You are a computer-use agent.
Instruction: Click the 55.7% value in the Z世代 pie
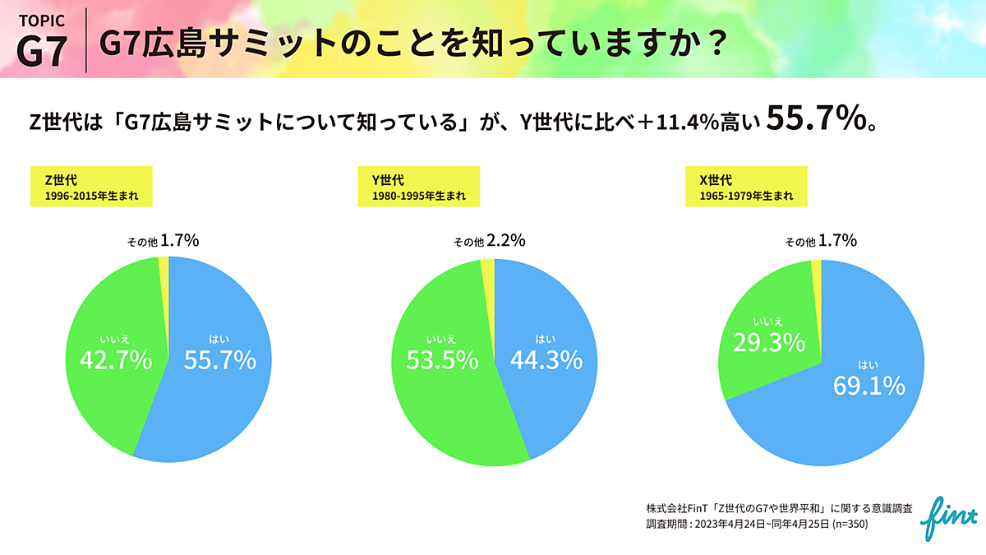220,360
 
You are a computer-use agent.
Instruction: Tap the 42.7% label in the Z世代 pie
115,360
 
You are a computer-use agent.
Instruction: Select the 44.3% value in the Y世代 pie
546,360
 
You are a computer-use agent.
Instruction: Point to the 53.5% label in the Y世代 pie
441,360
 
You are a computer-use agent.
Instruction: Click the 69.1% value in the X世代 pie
869,385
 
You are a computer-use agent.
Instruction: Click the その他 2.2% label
490,242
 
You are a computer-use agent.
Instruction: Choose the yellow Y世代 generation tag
418,187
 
